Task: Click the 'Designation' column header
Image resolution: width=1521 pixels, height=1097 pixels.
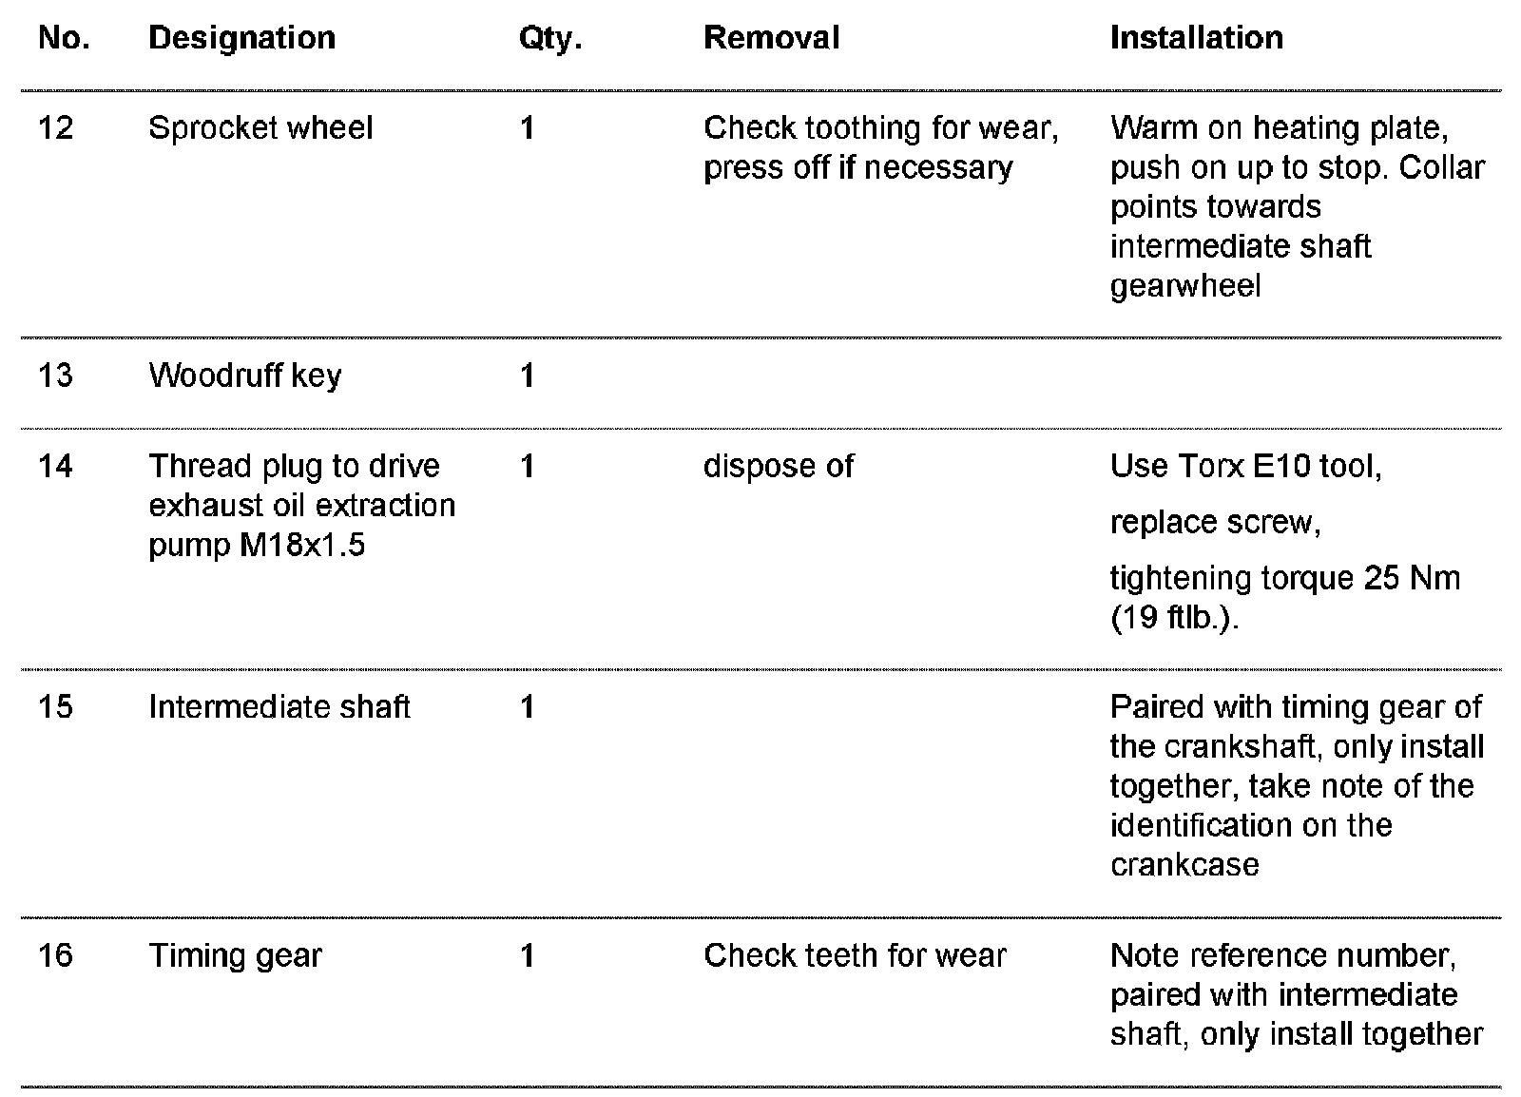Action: point(241,38)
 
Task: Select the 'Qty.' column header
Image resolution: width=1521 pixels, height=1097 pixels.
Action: point(549,39)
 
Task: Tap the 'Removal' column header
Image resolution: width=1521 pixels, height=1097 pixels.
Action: point(771,38)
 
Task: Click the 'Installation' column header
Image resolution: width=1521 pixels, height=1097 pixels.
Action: point(1196,38)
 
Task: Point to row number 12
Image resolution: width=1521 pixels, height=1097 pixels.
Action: point(56,128)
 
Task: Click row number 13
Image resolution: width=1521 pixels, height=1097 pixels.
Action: point(56,375)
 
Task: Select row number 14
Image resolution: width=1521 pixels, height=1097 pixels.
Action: point(56,466)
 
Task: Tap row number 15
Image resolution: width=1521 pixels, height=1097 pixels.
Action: point(56,707)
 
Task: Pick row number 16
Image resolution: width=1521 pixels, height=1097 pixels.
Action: point(56,955)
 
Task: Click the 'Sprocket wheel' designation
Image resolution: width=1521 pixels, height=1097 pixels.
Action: point(260,128)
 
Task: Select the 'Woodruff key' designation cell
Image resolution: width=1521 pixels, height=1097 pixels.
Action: point(244,375)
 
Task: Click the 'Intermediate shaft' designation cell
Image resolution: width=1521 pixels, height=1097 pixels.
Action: point(279,707)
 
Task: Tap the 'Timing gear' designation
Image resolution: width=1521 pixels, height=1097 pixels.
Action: point(235,955)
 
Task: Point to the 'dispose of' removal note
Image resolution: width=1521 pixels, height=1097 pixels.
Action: point(778,466)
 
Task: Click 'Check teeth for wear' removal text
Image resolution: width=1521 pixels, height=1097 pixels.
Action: point(854,955)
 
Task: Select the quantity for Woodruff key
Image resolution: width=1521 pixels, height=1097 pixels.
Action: point(528,375)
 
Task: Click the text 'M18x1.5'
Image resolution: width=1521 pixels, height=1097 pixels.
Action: point(303,546)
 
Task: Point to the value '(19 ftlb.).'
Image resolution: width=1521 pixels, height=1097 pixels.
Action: point(1174,618)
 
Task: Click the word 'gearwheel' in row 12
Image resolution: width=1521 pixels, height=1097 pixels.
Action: point(1184,286)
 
